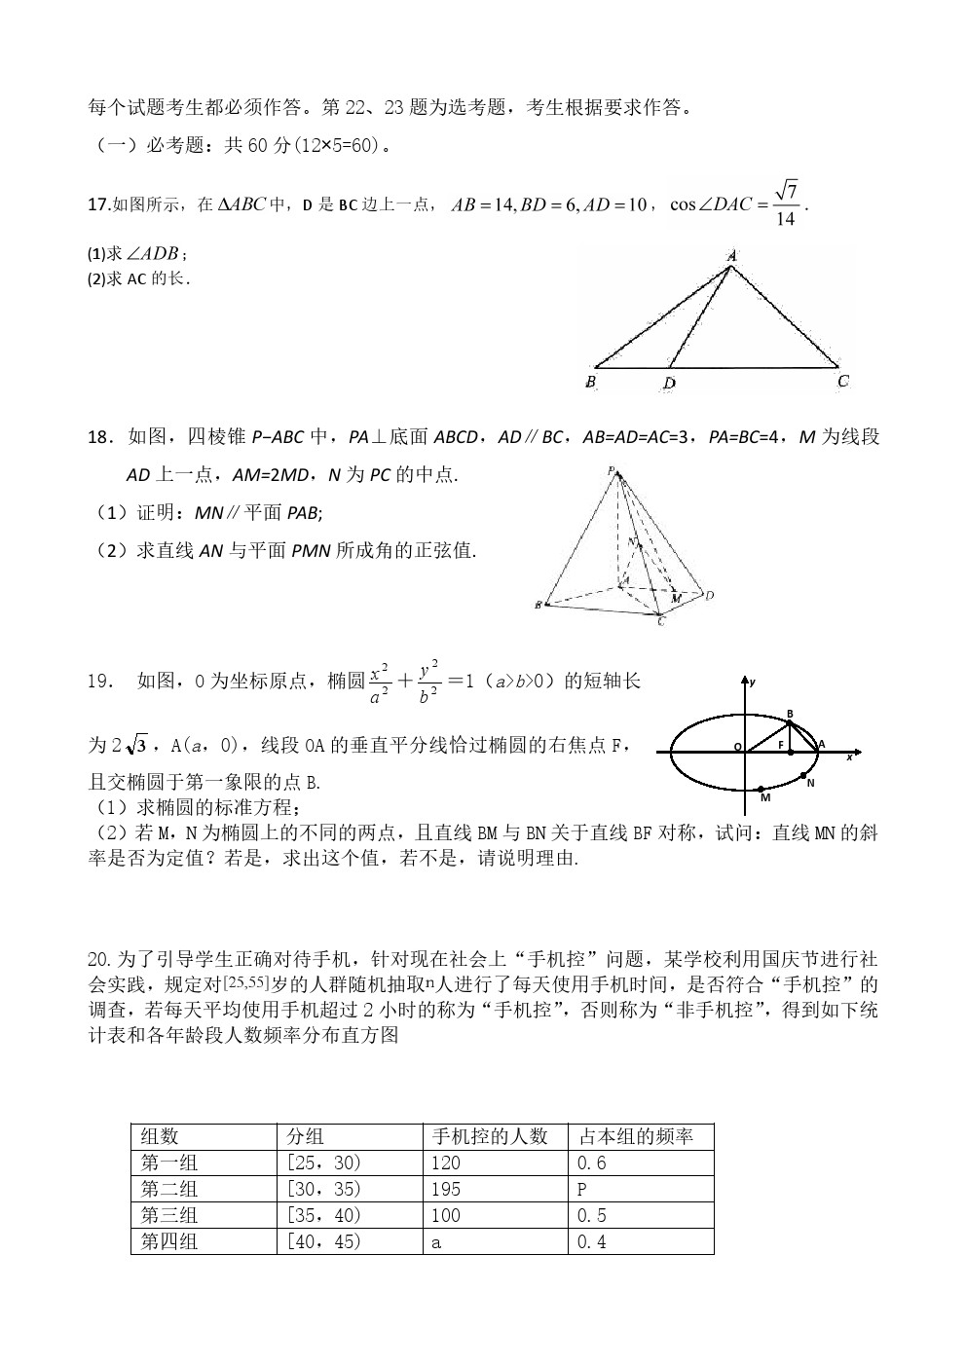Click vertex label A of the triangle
[x=731, y=255]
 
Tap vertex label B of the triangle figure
[x=591, y=382]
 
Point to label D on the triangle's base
[x=669, y=383]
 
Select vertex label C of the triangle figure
[x=842, y=381]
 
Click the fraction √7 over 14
[x=787, y=204]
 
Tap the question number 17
[x=97, y=204]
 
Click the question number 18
[x=99, y=438]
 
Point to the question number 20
[x=99, y=960]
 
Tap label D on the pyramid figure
[x=710, y=595]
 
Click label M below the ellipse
[x=765, y=797]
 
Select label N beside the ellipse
[x=810, y=782]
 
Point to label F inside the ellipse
[x=780, y=745]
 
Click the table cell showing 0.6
[x=640, y=1163]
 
